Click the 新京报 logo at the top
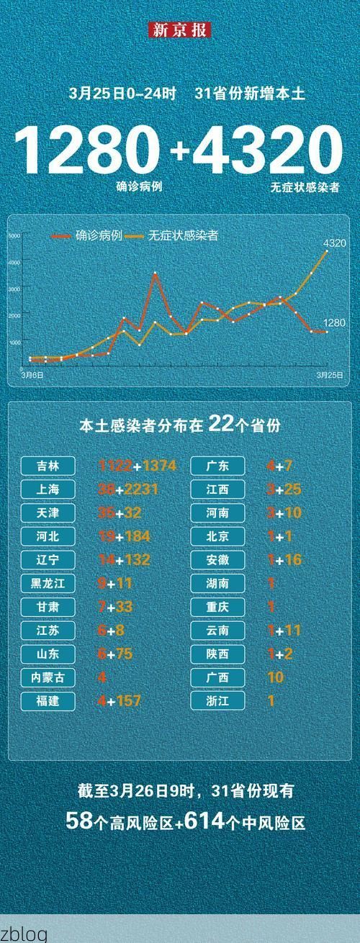pyautogui.click(x=180, y=30)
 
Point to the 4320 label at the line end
pyautogui.click(x=335, y=243)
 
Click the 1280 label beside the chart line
pyautogui.click(x=335, y=323)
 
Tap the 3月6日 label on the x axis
pyautogui.click(x=32, y=375)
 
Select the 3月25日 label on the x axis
pyautogui.click(x=328, y=375)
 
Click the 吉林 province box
pyautogui.click(x=49, y=466)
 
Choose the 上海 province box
pyautogui.click(x=49, y=489)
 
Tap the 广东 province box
pyautogui.click(x=217, y=466)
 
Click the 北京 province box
pyautogui.click(x=217, y=536)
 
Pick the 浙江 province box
pyautogui.click(x=217, y=700)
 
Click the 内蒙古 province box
pyautogui.click(x=49, y=677)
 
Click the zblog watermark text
pyautogui.click(x=24, y=934)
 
